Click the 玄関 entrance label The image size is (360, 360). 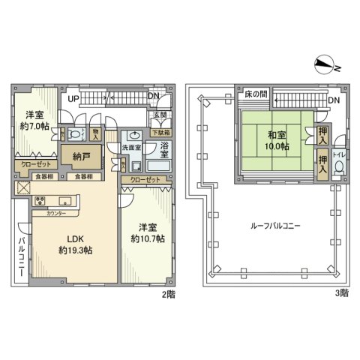coord(160,115)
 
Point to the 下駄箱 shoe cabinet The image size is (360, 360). coord(160,132)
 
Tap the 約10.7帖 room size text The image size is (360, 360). coord(147,238)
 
